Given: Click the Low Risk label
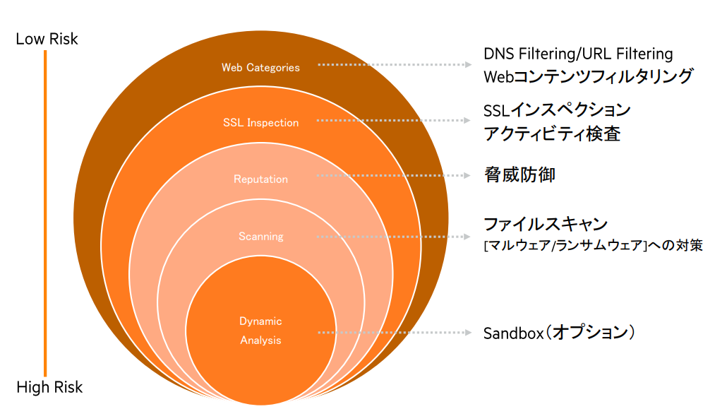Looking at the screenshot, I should pyautogui.click(x=47, y=39).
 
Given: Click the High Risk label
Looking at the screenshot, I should pyautogui.click(x=49, y=387).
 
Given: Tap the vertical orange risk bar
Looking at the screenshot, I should pyautogui.click(x=45, y=212).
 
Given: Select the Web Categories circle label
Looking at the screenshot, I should pyautogui.click(x=260, y=68).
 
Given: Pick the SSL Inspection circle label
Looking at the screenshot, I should pyautogui.click(x=260, y=123).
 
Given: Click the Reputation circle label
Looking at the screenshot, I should pyautogui.click(x=260, y=179).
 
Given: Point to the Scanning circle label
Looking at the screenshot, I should pyautogui.click(x=260, y=237).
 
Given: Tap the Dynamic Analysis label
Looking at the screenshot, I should pyautogui.click(x=260, y=331).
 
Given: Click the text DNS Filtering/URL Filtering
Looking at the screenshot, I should pyautogui.click(x=578, y=54).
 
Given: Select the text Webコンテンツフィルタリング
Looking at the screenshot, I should pyautogui.click(x=588, y=76).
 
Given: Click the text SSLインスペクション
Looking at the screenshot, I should pyautogui.click(x=557, y=110).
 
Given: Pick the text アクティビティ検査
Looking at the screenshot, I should pyautogui.click(x=552, y=134).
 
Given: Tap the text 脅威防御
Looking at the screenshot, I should pyautogui.click(x=519, y=174).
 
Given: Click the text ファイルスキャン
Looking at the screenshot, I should pyautogui.click(x=545, y=224).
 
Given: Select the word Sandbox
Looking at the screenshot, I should pyautogui.click(x=511, y=333).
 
